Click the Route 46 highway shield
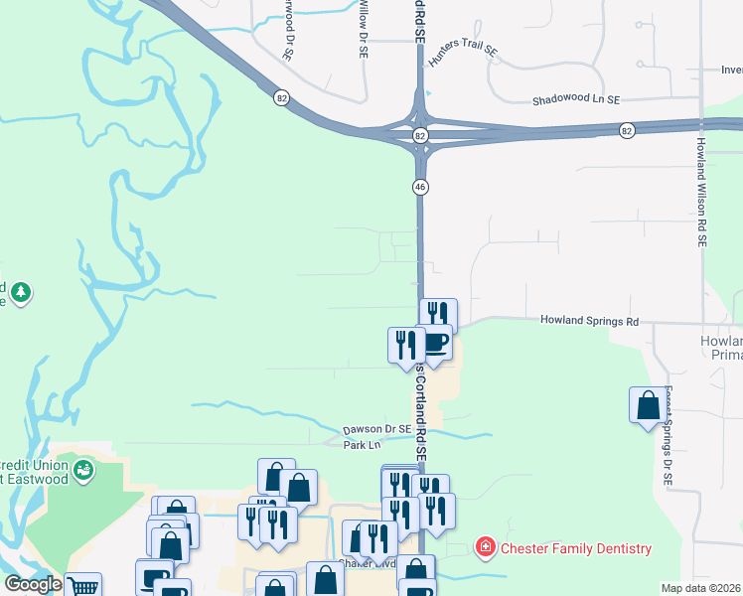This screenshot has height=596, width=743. [x=421, y=186]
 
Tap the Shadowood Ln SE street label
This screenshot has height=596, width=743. [x=576, y=100]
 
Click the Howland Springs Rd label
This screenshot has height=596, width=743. [x=589, y=321]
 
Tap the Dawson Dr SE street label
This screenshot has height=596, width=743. [x=377, y=429]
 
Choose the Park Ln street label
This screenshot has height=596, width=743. [x=356, y=445]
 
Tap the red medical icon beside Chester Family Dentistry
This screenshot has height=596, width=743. [x=485, y=547]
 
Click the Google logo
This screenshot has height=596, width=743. [x=33, y=584]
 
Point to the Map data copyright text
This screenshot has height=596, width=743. [x=701, y=588]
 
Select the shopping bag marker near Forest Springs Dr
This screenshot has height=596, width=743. [x=648, y=405]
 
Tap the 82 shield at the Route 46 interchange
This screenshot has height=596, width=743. [x=421, y=134]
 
